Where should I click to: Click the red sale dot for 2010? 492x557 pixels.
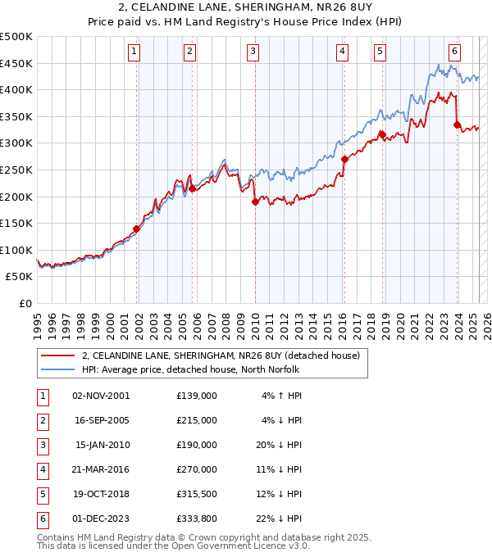[x=255, y=202]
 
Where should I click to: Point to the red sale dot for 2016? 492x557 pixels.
[x=344, y=159]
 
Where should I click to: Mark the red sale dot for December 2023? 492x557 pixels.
[x=457, y=125]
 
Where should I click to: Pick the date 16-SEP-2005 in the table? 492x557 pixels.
[x=101, y=420]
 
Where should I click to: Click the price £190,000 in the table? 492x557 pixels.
[x=196, y=445]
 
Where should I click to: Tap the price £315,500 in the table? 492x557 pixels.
[x=196, y=494]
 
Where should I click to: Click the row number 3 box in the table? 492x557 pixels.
[x=41, y=445]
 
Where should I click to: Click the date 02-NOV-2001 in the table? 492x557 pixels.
[x=101, y=396]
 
